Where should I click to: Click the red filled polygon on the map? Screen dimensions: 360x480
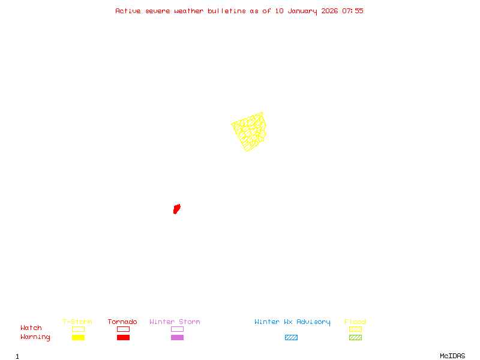pos(176,209)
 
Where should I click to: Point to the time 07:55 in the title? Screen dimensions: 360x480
pos(353,11)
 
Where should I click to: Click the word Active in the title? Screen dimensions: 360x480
pos(128,11)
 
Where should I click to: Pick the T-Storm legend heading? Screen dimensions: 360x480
pos(77,322)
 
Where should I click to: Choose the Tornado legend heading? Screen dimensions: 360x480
pos(122,322)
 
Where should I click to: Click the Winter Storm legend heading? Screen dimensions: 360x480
pos(175,322)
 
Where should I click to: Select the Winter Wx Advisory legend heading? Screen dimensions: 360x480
pos(292,322)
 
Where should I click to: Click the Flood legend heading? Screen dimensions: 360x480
pos(355,322)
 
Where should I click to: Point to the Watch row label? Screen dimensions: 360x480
pos(31,328)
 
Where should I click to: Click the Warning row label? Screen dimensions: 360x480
pos(35,337)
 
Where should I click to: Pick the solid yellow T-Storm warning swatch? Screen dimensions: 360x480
pos(78,337)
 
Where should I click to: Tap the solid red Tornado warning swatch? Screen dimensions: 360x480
pos(123,337)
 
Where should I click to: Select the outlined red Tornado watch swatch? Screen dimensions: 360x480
pos(123,329)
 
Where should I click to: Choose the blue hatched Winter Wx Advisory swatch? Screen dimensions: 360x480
pos(291,337)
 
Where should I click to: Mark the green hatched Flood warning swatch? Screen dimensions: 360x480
pos(355,337)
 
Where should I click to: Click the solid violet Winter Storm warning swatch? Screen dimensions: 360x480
pos(177,337)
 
